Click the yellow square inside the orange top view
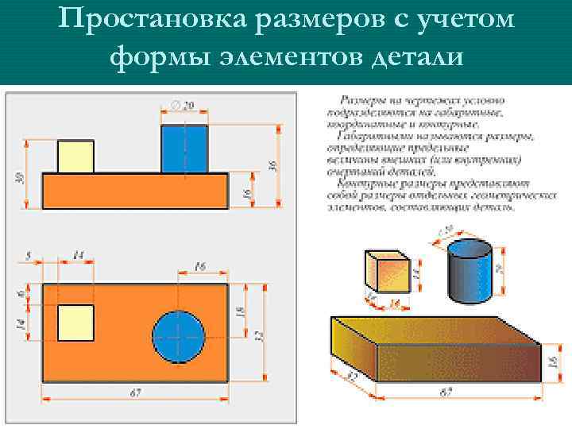tap(75, 323)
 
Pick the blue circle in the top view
tap(178, 337)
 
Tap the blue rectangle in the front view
tap(184, 149)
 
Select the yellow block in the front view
tap(75, 157)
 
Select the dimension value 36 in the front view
tap(272, 166)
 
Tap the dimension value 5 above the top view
tap(29, 256)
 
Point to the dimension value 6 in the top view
tap(21, 292)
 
